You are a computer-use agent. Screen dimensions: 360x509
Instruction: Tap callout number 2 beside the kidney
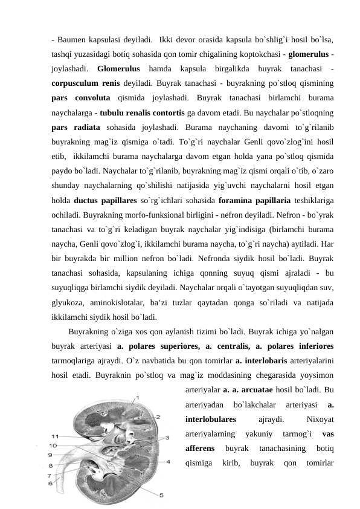point(158,417)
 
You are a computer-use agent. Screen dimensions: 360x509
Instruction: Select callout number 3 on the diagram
point(168,436)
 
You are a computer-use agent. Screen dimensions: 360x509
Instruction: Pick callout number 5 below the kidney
point(161,495)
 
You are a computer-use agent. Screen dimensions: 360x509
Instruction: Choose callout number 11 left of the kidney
point(54,435)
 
